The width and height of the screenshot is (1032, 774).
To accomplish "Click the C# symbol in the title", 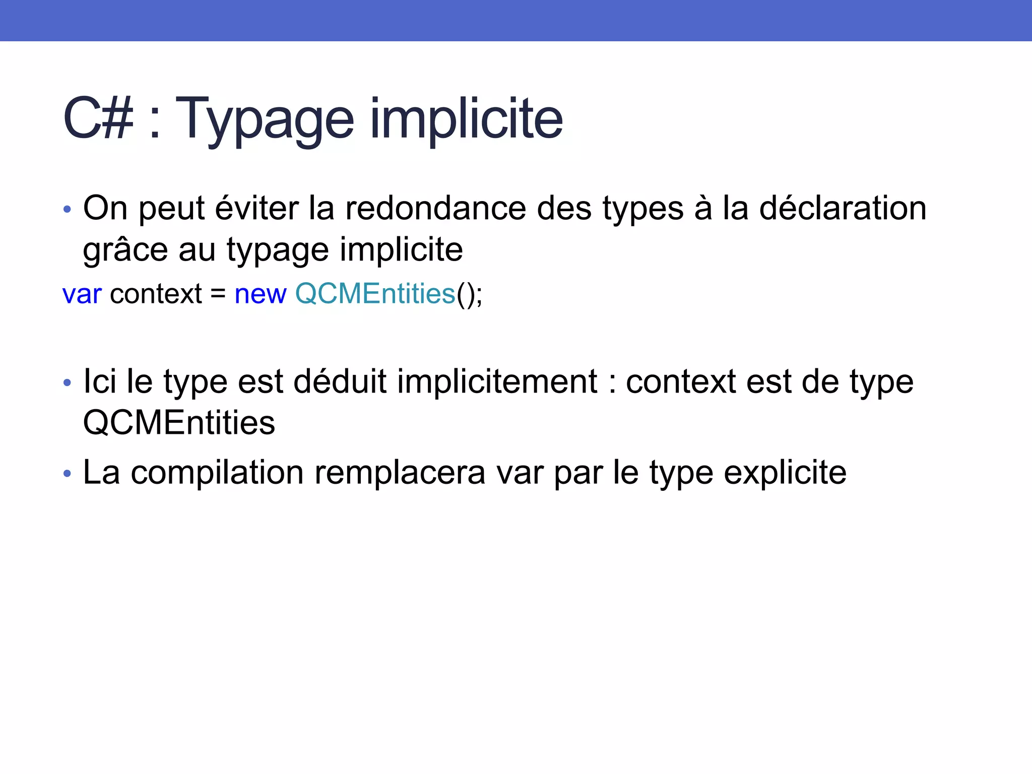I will click(99, 119).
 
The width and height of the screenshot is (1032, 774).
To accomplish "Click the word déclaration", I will click(843, 208).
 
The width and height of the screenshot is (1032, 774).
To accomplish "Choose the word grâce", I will click(125, 250).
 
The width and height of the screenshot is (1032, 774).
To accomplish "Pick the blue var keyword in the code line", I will click(82, 294).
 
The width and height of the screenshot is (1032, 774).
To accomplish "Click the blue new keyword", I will click(261, 294).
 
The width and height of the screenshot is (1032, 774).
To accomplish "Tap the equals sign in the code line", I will click(218, 294).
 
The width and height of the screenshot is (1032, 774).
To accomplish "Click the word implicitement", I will click(497, 381).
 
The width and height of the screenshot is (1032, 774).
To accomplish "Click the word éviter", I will click(257, 208).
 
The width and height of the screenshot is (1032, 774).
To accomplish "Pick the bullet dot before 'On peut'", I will click(68, 209).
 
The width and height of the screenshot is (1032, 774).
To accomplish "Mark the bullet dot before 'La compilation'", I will click(68, 474).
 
